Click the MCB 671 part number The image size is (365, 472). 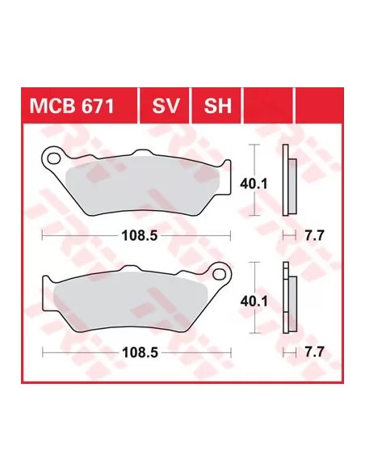click(72, 106)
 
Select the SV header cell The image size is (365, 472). click(165, 105)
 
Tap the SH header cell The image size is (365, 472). click(216, 105)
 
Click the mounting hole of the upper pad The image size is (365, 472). click(53, 158)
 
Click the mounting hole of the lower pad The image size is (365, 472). click(219, 274)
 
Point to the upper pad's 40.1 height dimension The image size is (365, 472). click(254, 184)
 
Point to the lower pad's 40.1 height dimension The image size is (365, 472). click(254, 301)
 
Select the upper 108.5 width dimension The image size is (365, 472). click(140, 236)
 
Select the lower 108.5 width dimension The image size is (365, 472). click(141, 352)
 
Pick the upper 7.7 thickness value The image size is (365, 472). click(315, 235)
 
